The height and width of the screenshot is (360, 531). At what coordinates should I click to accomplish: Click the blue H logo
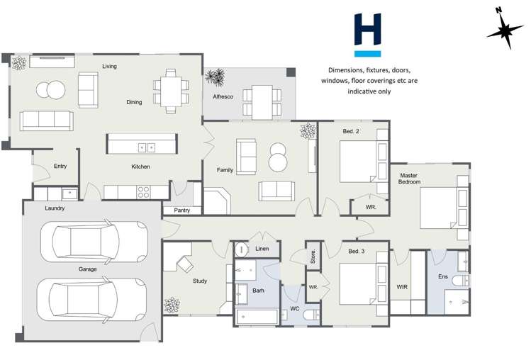(x=367, y=34)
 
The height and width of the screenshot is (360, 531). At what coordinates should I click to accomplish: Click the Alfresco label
(x=223, y=96)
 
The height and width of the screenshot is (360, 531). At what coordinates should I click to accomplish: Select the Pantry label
(x=181, y=210)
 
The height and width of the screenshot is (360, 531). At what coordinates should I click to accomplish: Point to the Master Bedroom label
(x=410, y=179)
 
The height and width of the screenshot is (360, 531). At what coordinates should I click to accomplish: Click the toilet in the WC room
(x=310, y=315)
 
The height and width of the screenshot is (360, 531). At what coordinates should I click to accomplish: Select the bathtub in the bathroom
(x=256, y=316)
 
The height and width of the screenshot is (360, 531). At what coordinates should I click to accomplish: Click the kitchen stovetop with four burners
(x=143, y=191)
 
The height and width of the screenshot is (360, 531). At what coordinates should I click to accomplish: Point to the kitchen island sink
(x=147, y=147)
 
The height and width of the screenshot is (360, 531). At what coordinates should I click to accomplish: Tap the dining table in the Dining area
(x=171, y=90)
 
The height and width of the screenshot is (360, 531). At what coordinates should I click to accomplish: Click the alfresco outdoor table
(x=262, y=101)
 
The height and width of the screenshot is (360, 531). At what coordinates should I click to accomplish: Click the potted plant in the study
(x=172, y=306)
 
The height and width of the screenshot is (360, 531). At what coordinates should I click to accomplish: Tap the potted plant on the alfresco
(x=215, y=77)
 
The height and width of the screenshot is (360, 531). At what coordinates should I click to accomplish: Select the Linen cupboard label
(x=262, y=249)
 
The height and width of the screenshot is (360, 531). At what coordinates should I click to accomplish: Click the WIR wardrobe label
(x=402, y=287)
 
